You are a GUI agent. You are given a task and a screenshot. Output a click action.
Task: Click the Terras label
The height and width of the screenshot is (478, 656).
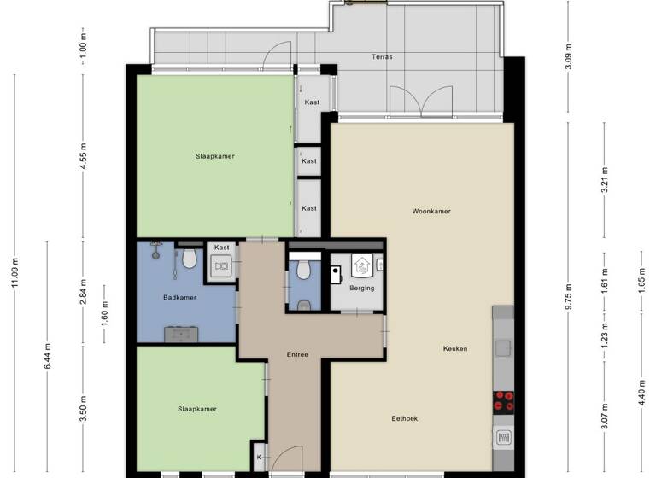[x=382, y=57]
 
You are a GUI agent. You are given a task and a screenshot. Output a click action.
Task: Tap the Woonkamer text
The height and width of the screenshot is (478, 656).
[x=430, y=211]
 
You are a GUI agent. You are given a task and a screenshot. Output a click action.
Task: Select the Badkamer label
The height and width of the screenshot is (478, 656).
[x=179, y=298]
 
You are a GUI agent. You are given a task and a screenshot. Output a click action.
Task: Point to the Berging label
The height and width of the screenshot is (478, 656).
[x=362, y=288]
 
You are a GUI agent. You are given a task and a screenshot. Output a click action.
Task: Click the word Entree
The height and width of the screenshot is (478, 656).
[x=297, y=354]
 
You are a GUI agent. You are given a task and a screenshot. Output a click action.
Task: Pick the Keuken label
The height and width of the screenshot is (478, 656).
[x=454, y=348]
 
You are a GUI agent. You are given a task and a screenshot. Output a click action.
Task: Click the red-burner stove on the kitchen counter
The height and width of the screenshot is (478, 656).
[x=503, y=401]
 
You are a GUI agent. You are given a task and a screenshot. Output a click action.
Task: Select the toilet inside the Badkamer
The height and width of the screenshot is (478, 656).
[x=190, y=257]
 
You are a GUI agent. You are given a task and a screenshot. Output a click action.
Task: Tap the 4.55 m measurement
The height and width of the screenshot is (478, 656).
[x=83, y=155]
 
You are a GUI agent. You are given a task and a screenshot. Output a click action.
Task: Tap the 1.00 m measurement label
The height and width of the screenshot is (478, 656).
[x=83, y=43]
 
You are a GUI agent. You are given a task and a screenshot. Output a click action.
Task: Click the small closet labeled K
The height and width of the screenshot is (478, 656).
[x=260, y=458]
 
